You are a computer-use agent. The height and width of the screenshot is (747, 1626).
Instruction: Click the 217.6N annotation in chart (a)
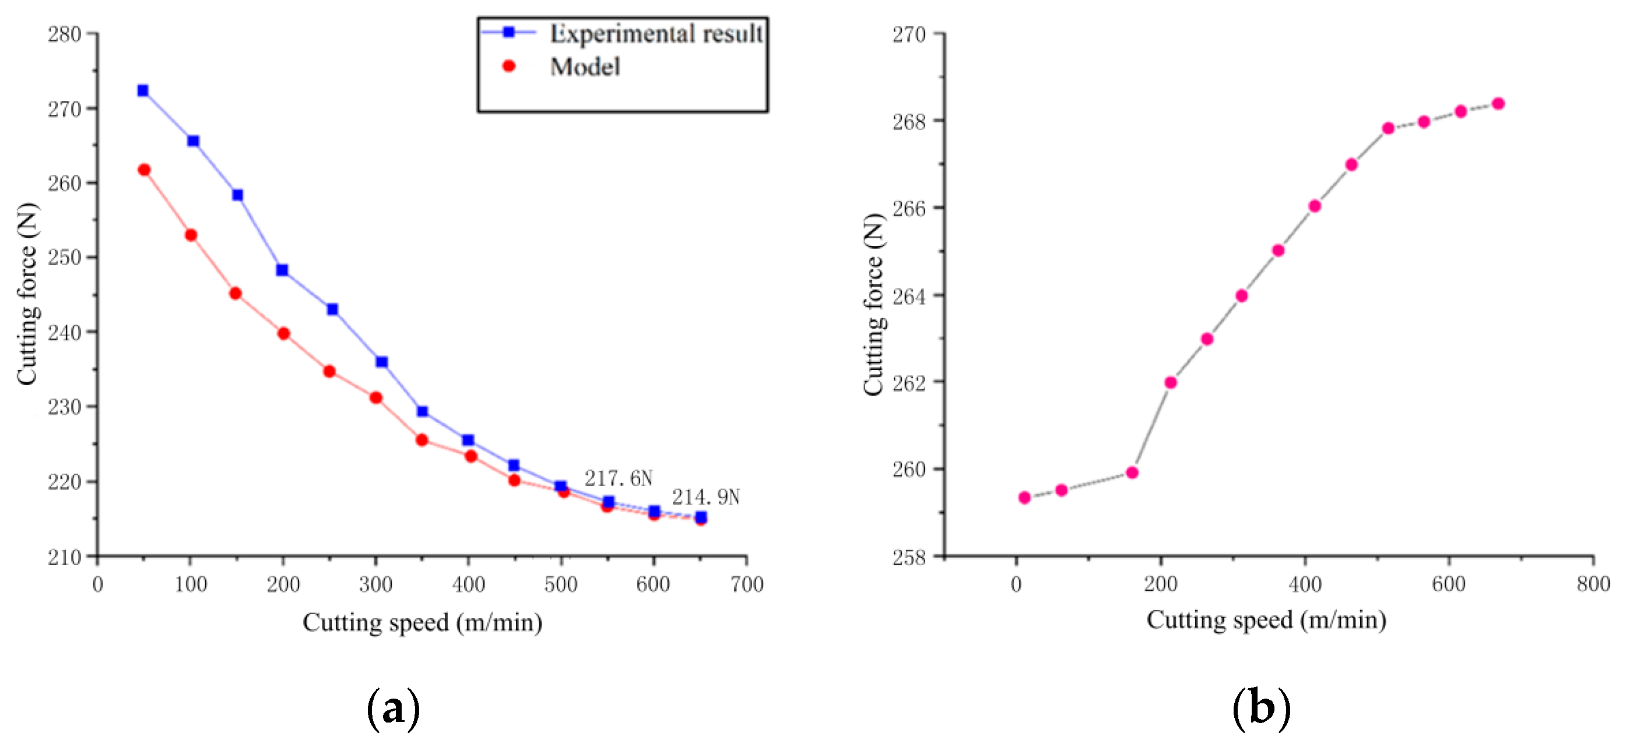618,478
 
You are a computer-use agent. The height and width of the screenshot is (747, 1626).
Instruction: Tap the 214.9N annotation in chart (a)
705,497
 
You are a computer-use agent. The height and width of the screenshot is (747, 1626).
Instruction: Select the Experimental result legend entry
655,33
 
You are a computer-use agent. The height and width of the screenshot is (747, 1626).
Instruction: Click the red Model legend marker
509,66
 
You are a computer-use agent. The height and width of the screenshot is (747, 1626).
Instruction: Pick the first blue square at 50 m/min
143,90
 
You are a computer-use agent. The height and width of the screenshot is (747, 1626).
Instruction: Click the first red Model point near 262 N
144,170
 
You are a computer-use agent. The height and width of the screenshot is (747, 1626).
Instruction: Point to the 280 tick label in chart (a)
64,34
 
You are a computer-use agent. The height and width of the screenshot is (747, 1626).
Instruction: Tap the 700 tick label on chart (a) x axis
747,584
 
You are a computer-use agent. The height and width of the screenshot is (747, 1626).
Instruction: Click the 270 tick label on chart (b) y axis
908,34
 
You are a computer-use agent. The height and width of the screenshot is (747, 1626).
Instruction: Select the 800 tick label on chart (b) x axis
1593,584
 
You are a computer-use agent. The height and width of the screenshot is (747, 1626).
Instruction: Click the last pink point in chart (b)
1498,104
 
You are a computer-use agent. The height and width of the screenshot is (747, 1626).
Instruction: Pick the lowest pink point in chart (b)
1024,498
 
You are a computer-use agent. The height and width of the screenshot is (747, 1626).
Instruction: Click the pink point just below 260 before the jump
1132,473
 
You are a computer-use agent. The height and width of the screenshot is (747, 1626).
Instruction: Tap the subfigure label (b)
1260,709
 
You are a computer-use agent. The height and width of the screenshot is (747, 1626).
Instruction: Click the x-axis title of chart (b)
1266,619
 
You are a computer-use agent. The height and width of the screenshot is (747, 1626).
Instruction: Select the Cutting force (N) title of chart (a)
27,294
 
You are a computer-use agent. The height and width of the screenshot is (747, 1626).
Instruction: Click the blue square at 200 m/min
282,270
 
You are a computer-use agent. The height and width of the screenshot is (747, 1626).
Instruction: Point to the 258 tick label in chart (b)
908,557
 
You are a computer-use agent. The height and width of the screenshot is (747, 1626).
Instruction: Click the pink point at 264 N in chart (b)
1242,295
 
